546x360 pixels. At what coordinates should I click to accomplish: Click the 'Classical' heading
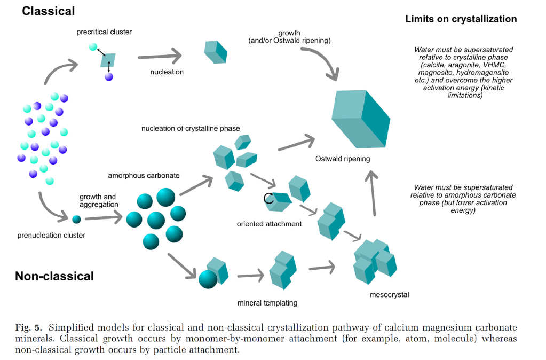click(48, 11)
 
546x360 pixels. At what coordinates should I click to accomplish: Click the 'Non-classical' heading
click(54, 276)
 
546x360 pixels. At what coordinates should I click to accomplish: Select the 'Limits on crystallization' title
click(461, 19)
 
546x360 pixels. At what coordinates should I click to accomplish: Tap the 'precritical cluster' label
click(104, 32)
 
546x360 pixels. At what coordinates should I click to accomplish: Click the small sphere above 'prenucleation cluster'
click(76, 219)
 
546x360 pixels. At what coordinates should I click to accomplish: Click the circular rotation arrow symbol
click(269, 199)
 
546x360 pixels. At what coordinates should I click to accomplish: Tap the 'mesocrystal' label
click(389, 294)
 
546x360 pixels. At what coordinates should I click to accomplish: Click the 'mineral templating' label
click(267, 303)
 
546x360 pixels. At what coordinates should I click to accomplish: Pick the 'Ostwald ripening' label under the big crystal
click(343, 159)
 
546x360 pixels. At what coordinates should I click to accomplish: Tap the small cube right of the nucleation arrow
click(216, 52)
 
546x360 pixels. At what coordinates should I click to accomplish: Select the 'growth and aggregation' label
click(99, 201)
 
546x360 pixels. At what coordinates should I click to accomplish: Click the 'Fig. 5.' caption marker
click(27, 327)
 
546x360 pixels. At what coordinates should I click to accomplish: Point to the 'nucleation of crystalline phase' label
click(191, 129)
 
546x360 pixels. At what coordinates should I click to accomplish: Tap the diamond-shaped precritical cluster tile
click(109, 60)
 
